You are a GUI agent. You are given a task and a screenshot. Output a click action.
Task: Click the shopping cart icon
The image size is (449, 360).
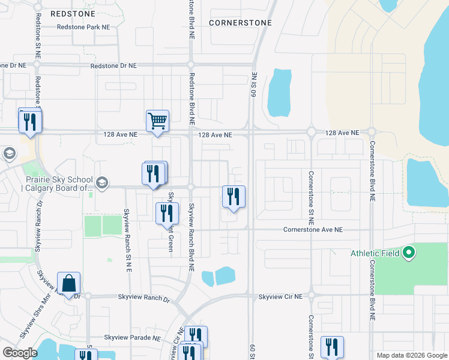pos(158,121)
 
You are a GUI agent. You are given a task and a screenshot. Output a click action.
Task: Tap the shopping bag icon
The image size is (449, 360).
pos(69,283)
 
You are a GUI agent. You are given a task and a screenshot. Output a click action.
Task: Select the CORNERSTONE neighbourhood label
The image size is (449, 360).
pos(240,23)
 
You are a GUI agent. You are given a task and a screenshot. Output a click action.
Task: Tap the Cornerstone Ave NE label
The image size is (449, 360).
pos(313,230)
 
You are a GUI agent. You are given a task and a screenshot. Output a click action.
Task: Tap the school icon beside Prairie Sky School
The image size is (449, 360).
pos(102,182)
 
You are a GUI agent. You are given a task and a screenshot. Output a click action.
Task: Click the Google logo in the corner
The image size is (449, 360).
pos(20,353)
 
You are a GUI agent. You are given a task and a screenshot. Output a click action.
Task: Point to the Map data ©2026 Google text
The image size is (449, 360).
pos(411,355)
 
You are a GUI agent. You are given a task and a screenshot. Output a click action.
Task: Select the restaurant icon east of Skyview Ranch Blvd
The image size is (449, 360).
pos(234,196)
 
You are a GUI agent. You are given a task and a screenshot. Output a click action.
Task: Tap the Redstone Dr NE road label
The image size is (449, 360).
pos(23,65)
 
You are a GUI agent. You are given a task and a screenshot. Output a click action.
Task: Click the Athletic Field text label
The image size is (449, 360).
pos(373,253)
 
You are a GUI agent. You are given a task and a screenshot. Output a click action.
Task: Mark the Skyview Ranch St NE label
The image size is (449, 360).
pos(127,239)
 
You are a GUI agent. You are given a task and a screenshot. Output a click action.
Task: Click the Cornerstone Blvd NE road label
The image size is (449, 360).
pos(372,171)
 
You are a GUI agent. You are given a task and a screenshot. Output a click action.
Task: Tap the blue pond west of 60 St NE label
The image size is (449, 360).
pos(279,93)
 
